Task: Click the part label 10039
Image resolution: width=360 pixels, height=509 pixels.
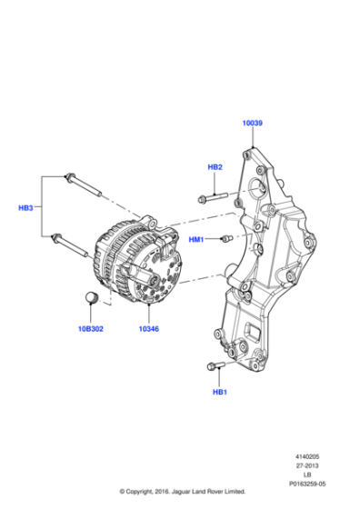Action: [252, 123]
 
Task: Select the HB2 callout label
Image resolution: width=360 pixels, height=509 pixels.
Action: [215, 167]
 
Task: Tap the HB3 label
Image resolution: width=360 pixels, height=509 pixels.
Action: [25, 208]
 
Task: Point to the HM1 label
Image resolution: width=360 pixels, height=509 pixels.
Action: [196, 240]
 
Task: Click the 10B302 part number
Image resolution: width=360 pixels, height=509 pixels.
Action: [91, 329]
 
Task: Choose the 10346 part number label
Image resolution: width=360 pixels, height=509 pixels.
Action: [149, 329]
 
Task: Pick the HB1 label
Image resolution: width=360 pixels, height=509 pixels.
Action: [220, 392]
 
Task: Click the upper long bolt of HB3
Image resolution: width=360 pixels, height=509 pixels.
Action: [84, 185]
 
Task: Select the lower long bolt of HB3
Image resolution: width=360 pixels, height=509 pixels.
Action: [69, 245]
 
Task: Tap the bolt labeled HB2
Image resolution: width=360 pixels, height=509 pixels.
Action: [213, 197]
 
